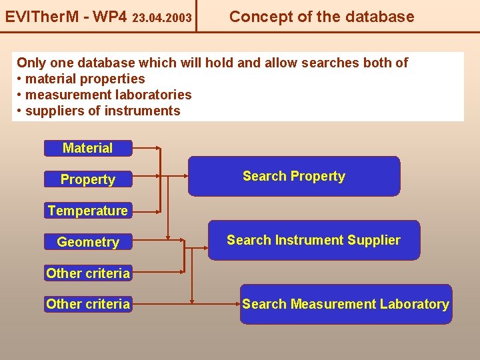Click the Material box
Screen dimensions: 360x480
click(88, 148)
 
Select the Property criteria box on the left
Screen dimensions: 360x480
click(88, 179)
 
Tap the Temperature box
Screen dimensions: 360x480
click(88, 211)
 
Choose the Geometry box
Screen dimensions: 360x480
click(88, 242)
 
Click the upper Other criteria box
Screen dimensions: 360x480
click(88, 273)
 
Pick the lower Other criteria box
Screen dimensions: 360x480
click(88, 305)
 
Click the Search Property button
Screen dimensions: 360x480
click(294, 177)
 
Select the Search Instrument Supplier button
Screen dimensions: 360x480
click(313, 240)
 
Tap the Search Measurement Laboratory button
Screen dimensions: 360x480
click(345, 305)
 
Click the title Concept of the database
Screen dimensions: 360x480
click(321, 17)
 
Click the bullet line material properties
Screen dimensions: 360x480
click(85, 79)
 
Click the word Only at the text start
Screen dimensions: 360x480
click(31, 63)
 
